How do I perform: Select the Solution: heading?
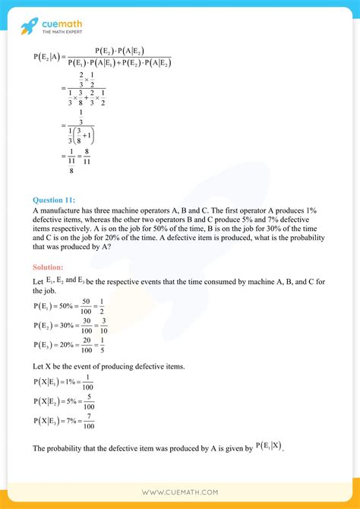pos(48,267)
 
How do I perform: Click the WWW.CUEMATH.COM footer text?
pos(179,492)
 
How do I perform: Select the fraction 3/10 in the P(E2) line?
pos(103,325)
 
